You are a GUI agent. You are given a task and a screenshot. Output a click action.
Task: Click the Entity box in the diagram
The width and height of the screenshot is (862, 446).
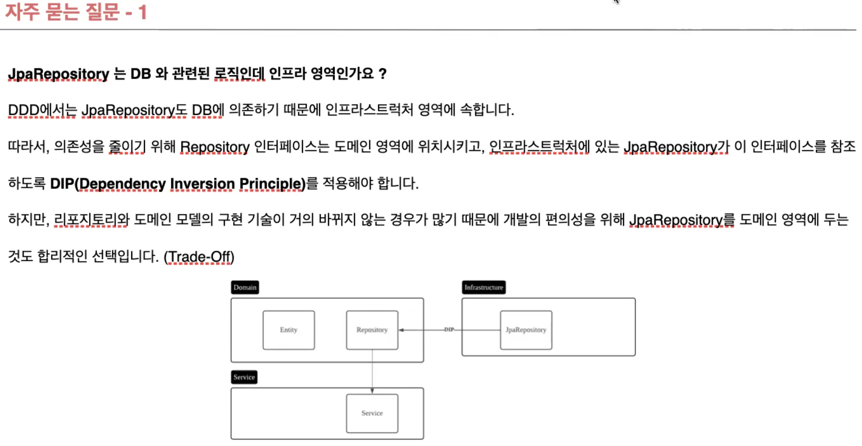289,330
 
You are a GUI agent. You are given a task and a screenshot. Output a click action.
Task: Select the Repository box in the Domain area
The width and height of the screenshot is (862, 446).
372,330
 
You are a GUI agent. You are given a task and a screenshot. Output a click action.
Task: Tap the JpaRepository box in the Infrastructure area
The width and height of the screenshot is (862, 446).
526,330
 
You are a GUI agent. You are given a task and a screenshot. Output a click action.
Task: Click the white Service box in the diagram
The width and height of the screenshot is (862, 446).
372,413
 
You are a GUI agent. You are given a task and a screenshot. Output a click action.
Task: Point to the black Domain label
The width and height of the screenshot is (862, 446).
245,287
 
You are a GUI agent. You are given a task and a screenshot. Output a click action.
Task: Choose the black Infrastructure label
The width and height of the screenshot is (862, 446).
483,287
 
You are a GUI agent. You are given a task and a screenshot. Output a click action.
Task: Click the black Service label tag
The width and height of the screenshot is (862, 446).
244,377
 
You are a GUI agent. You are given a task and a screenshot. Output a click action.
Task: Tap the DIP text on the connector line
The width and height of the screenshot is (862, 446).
449,329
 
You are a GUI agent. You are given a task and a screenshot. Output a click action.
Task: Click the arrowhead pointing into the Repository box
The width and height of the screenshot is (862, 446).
401,330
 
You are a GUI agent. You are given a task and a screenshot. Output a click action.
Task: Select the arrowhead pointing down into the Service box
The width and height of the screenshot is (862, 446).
372,391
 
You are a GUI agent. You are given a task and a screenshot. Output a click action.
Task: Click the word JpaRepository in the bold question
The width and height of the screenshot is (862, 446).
58,74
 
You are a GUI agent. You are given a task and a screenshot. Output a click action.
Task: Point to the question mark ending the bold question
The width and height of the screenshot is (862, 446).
382,74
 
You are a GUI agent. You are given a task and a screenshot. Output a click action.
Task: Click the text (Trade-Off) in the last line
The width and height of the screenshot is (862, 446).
199,257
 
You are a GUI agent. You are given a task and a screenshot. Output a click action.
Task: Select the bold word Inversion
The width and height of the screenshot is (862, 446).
202,184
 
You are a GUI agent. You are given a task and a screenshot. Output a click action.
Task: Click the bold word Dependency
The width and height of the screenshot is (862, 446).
122,184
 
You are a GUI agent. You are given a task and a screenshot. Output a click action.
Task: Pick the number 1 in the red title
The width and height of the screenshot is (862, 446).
142,12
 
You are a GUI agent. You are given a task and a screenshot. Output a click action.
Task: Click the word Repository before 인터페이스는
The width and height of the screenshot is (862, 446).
215,147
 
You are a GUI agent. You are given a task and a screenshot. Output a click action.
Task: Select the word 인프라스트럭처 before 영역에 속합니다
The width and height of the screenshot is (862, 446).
369,110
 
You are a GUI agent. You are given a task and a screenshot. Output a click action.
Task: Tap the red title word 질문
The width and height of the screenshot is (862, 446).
103,12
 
